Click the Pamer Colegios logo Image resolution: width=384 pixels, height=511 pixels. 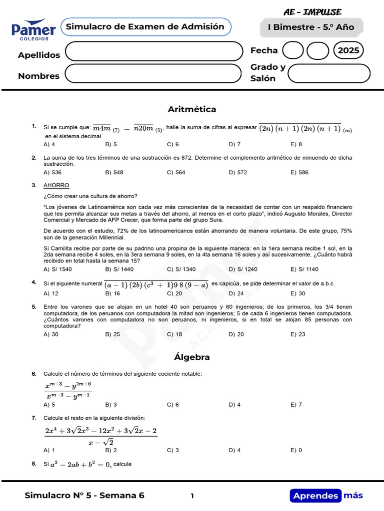point(34,29)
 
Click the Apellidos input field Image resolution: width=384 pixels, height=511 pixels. point(153,51)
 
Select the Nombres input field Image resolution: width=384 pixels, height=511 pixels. point(153,74)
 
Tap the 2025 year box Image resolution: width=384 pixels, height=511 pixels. point(348,50)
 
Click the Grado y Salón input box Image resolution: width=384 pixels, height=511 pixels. point(329,73)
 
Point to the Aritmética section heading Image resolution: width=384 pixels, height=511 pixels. point(192,109)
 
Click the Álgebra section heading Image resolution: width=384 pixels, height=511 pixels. point(192,357)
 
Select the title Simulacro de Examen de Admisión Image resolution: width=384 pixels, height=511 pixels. point(145,27)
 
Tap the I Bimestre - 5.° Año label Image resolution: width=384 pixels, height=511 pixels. point(310,27)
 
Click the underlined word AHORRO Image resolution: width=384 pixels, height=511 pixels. point(56,185)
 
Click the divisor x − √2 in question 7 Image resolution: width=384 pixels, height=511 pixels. point(100,442)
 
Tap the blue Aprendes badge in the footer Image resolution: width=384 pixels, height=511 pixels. point(315,496)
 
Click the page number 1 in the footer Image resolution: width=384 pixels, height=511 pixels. point(192,496)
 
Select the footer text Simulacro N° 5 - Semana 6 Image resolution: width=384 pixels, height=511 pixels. point(84,496)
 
